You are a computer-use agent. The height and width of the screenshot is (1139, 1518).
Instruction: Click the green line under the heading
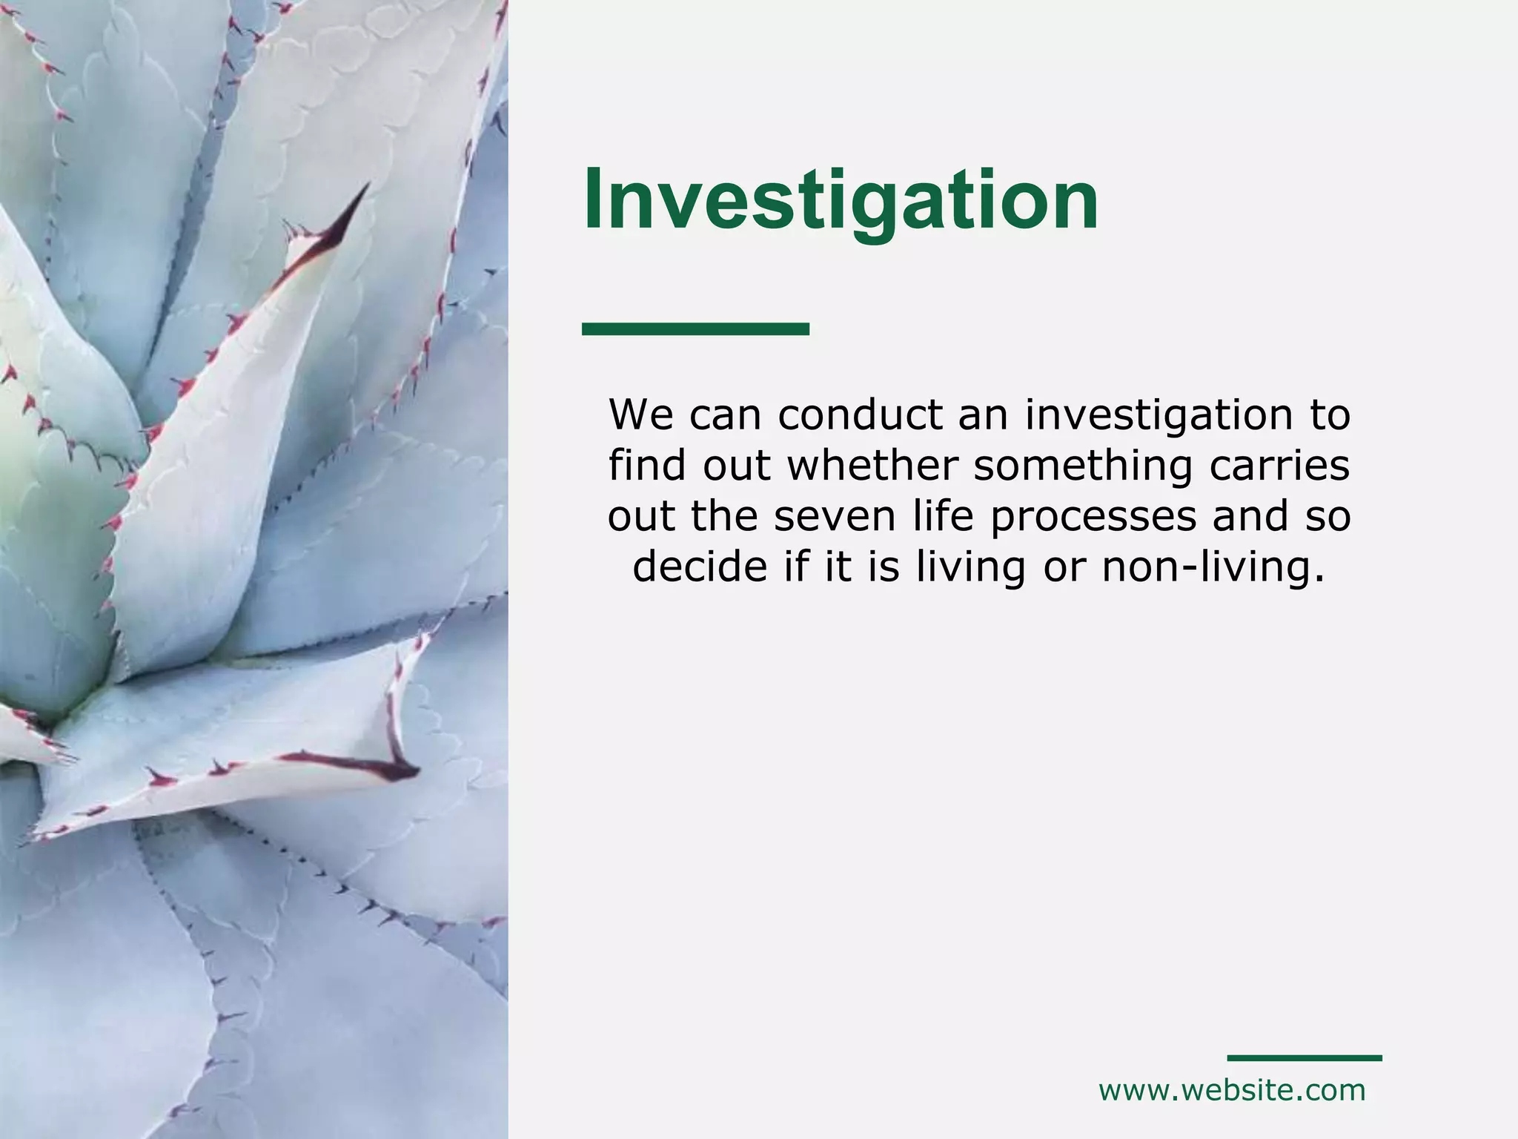point(695,329)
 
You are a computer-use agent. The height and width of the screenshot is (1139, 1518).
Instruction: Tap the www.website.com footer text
point(1232,1091)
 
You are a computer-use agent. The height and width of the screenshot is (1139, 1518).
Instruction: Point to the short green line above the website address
point(1305,1057)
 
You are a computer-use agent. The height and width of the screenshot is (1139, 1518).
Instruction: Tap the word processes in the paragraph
point(1093,516)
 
